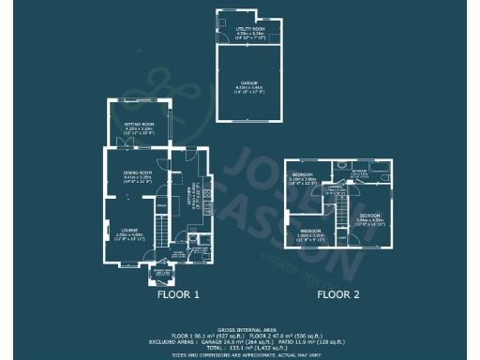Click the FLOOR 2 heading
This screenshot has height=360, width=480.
pyautogui.click(x=337, y=295)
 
